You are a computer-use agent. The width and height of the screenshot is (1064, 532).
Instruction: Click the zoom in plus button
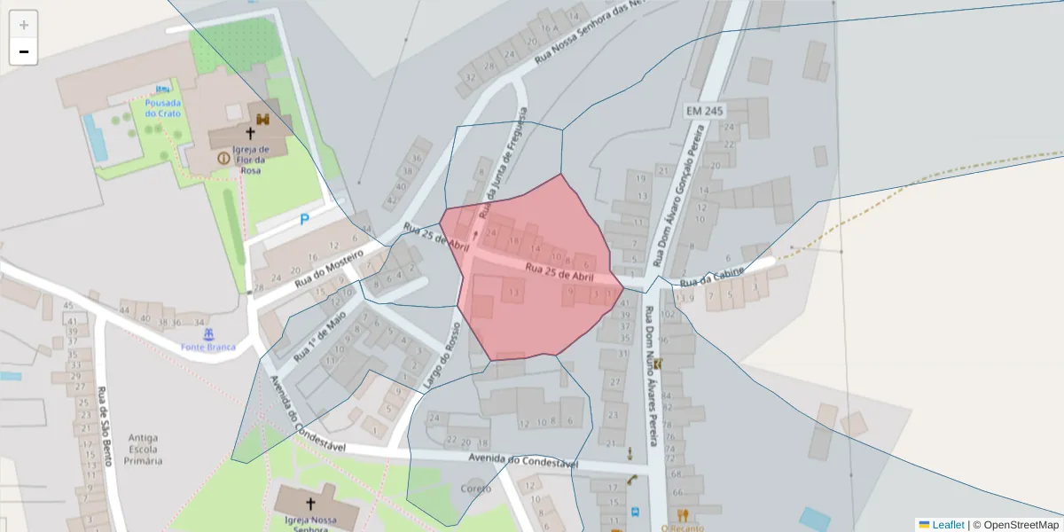[24, 25]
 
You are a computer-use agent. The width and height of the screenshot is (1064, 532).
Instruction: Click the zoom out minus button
[24, 51]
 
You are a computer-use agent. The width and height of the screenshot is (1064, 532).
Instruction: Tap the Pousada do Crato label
[163, 108]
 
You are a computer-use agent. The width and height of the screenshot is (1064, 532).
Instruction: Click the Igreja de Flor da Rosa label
[251, 160]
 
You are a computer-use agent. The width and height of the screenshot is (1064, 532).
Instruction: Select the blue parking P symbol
[304, 218]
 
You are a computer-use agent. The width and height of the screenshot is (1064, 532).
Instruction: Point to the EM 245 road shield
[705, 111]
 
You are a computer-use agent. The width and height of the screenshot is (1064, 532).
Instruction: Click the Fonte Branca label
[208, 347]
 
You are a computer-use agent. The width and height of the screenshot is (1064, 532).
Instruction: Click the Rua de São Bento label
[104, 418]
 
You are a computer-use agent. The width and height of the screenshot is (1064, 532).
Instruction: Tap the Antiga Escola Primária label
[144, 449]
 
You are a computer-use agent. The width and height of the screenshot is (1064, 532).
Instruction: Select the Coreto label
[476, 489]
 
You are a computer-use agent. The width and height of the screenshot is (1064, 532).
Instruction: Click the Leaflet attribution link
[947, 525]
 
